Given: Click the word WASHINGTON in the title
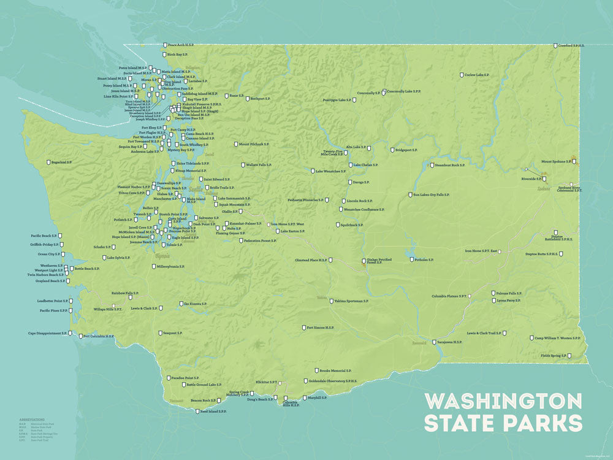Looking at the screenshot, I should click(x=503, y=401).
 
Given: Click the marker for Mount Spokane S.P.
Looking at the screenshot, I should click(x=574, y=162).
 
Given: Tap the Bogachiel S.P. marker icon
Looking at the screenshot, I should click(x=48, y=163).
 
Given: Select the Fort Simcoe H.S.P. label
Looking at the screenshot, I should click(x=320, y=328).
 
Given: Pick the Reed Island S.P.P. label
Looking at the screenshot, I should click(x=213, y=412).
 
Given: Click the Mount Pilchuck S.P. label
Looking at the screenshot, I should click(x=254, y=144).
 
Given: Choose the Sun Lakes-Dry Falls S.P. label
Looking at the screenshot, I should click(x=432, y=195).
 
